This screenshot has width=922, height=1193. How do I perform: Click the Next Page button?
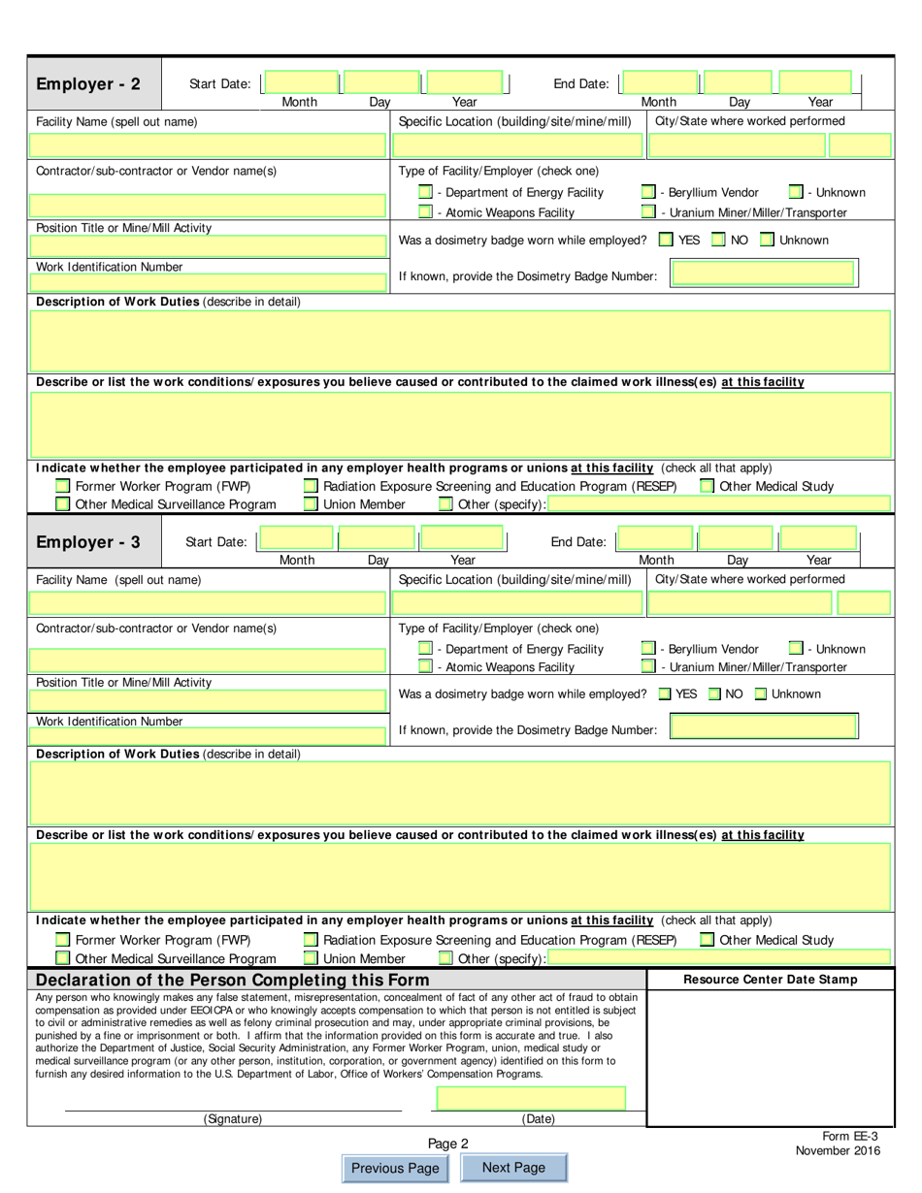pos(513,1168)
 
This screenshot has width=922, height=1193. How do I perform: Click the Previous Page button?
pos(395,1168)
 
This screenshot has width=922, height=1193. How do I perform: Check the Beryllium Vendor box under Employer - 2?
pos(648,192)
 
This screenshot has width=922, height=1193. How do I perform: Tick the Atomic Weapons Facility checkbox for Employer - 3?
pos(425,666)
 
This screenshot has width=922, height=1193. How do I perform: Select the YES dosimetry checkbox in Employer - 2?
pos(666,240)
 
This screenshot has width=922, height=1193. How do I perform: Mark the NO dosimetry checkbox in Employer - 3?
pos(714,693)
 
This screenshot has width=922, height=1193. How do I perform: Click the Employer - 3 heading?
pos(88,542)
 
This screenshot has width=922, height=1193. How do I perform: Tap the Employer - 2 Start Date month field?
pos(301,83)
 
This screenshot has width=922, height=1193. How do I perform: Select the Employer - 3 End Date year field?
pos(818,539)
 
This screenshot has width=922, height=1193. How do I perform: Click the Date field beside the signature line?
pos(531,1098)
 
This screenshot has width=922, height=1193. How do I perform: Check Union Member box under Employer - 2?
pos(311,504)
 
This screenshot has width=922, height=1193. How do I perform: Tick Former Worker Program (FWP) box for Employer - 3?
pos(63,940)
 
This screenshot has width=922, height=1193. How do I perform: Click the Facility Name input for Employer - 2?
pos(209,145)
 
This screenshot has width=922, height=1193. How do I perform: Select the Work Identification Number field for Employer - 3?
pos(209,736)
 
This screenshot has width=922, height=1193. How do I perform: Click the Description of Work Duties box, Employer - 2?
pos(460,340)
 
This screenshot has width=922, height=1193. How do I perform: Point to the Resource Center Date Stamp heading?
pos(770,980)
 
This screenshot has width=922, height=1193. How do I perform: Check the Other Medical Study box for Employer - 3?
pos(708,940)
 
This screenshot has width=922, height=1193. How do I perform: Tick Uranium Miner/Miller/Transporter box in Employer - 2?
pos(648,212)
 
